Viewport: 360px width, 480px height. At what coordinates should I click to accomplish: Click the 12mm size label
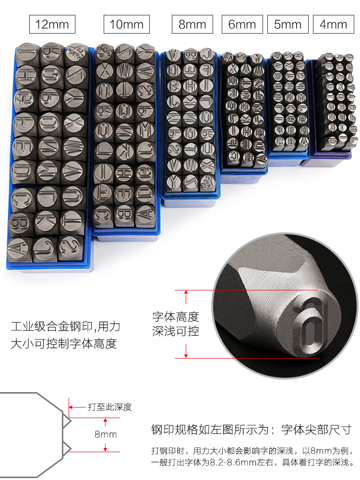tap(52, 24)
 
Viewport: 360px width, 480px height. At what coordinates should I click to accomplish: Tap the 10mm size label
tap(127, 24)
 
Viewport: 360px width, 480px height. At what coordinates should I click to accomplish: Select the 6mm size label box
tap(242, 24)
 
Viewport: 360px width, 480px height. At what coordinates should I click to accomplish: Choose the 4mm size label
tap(333, 24)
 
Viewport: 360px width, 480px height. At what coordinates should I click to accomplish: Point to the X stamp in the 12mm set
tap(73, 123)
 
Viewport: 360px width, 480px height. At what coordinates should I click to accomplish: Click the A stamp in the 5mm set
tap(303, 142)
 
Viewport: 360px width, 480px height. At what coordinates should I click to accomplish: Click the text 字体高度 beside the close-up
tap(175, 317)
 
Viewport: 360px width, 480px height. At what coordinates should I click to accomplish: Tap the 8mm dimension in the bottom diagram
tap(106, 434)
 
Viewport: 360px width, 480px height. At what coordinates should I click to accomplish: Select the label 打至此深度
tap(109, 408)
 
